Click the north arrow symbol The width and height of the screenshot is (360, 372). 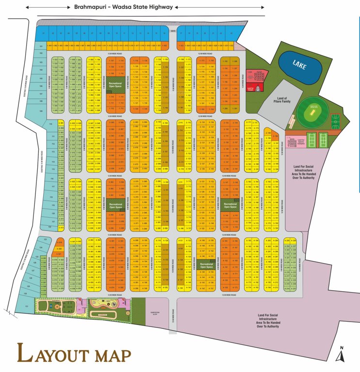(342, 356)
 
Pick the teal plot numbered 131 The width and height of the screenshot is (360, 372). (27, 307)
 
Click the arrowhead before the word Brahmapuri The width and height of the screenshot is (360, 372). (28, 7)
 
